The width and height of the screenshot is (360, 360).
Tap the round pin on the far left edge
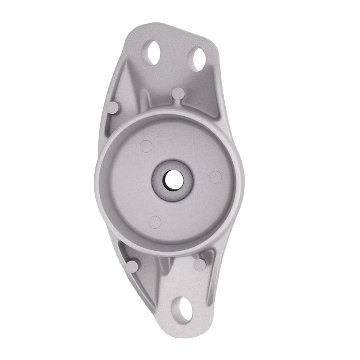(x=113, y=107)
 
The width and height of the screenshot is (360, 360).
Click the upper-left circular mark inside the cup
(x=146, y=146)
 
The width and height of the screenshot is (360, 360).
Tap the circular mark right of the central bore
(x=215, y=176)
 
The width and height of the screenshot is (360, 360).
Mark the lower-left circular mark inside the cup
(x=155, y=222)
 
